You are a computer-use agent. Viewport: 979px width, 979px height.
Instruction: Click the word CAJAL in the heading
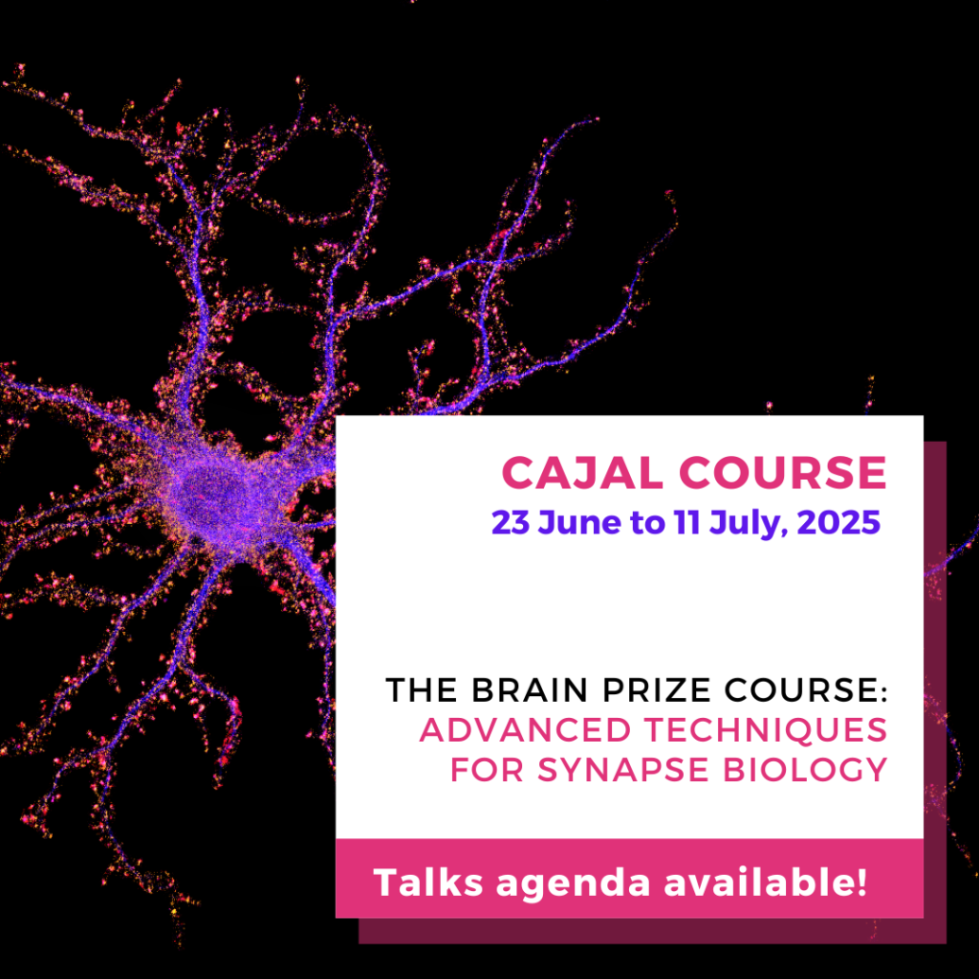click(582, 472)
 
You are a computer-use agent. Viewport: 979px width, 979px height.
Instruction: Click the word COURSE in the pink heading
click(783, 472)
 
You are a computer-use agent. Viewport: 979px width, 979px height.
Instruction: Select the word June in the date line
click(579, 523)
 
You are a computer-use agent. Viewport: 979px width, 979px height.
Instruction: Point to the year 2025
click(838, 523)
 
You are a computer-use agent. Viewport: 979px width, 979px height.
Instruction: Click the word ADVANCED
click(526, 729)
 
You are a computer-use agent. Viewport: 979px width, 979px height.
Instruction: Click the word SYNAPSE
click(623, 770)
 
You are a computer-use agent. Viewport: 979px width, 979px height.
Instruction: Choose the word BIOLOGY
click(805, 770)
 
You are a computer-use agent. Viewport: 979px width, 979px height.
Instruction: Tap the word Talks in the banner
click(428, 882)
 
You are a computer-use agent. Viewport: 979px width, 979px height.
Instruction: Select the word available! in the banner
click(766, 882)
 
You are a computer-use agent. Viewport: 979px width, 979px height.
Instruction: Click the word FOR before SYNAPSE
click(487, 770)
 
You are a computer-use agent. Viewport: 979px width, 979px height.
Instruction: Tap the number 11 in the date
click(686, 523)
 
